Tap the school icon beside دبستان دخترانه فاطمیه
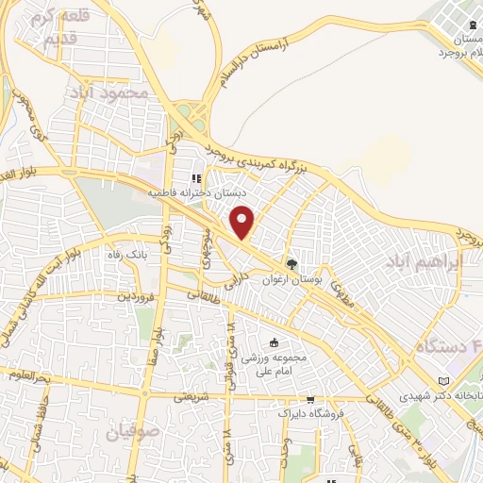point(197,178)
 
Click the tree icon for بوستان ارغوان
point(291,264)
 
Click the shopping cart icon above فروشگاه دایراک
point(311,399)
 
